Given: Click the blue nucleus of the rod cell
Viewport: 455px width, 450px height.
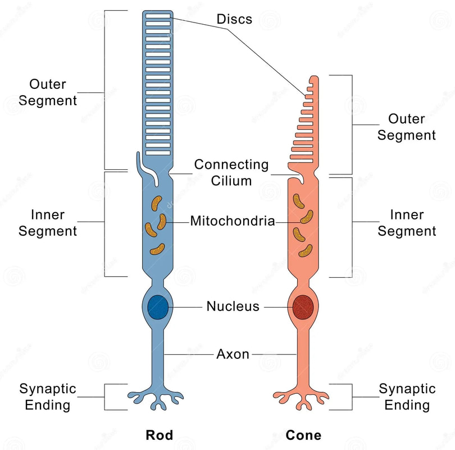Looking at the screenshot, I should [x=157, y=307].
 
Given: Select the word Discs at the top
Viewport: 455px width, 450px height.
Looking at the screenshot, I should [x=234, y=19].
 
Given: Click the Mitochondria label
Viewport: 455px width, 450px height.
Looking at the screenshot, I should [x=232, y=221].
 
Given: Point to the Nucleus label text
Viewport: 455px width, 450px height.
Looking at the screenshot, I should [x=233, y=307].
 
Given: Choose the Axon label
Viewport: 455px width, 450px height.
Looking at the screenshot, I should [x=233, y=354].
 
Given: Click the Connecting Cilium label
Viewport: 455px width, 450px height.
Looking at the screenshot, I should [x=231, y=173].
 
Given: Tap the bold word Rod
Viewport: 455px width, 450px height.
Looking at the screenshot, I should [x=159, y=435].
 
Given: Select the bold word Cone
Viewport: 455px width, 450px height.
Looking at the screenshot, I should [x=303, y=435].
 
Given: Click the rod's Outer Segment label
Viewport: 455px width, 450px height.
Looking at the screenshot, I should [x=47, y=93].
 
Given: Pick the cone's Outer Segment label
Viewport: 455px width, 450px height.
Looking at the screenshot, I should [x=406, y=127].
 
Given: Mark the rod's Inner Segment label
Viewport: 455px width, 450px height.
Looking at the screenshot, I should [x=47, y=223].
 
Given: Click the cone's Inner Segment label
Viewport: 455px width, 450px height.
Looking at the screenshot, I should [x=406, y=223].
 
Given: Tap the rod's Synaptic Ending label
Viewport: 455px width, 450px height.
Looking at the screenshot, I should [x=47, y=397].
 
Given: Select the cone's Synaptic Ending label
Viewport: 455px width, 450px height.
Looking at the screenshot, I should [x=406, y=397].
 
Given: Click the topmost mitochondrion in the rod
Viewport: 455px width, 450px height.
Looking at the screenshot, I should [x=157, y=202].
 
